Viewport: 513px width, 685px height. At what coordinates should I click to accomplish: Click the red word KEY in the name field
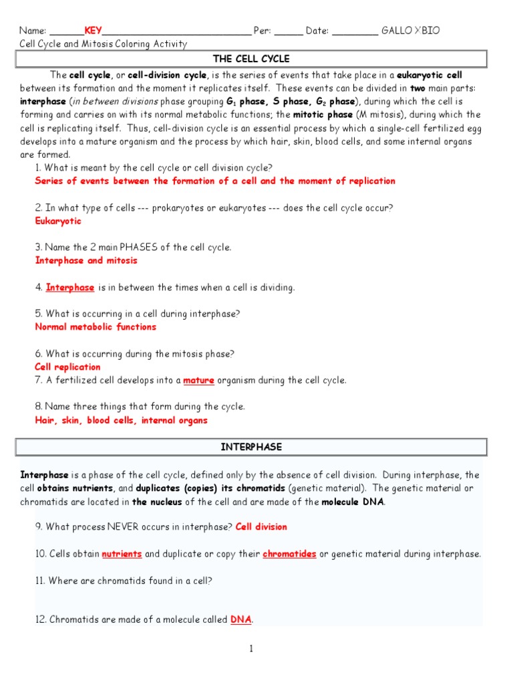pyautogui.click(x=93, y=31)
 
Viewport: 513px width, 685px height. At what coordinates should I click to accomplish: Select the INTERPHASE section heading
pyautogui.click(x=251, y=447)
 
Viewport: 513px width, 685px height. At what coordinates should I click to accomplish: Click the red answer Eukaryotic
pyautogui.click(x=58, y=221)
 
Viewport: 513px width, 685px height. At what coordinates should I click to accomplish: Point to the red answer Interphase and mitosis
pyautogui.click(x=86, y=260)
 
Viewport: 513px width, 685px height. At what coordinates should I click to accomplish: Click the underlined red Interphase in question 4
pyautogui.click(x=70, y=287)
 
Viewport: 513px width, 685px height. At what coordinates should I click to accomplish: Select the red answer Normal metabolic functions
pyautogui.click(x=96, y=327)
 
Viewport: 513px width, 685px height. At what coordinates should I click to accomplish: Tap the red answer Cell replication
pyautogui.click(x=67, y=367)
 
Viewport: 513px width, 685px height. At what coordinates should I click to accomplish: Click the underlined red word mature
pyautogui.click(x=198, y=381)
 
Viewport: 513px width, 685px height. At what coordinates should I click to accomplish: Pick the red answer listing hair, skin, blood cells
pyautogui.click(x=121, y=421)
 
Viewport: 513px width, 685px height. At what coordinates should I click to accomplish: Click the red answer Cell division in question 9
pyautogui.click(x=261, y=526)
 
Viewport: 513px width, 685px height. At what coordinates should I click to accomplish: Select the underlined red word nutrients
pyautogui.click(x=122, y=554)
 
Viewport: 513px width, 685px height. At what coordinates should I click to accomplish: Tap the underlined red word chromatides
pyautogui.click(x=289, y=554)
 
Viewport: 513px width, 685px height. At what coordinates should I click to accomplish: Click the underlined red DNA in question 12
pyautogui.click(x=240, y=620)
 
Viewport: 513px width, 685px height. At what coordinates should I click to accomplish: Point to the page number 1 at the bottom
pyautogui.click(x=251, y=649)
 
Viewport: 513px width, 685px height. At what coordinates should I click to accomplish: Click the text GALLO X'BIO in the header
pyautogui.click(x=410, y=31)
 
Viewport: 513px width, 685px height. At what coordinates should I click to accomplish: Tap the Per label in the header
pyautogui.click(x=261, y=31)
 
